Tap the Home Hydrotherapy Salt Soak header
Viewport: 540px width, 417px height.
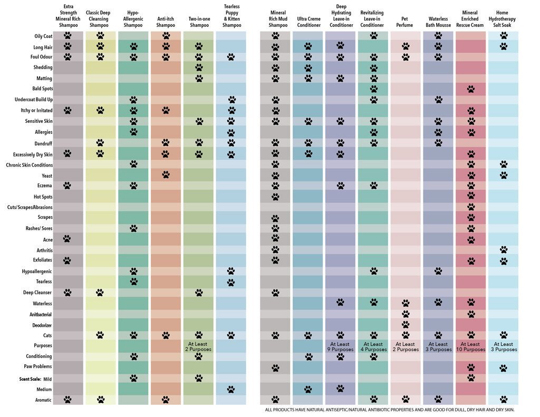click(503, 18)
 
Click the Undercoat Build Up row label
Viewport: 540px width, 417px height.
click(33, 100)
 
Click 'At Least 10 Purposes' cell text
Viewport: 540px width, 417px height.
click(470, 346)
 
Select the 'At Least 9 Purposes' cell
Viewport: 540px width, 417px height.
click(340, 346)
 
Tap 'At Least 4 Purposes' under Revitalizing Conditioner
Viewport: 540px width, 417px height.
click(373, 346)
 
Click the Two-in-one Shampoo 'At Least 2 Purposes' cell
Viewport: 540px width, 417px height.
click(198, 346)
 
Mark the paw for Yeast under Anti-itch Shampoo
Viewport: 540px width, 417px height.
click(166, 174)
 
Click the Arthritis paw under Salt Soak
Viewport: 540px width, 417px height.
click(503, 249)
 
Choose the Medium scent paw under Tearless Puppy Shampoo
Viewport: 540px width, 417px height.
click(231, 389)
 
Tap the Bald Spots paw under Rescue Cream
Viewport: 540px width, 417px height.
click(470, 89)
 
